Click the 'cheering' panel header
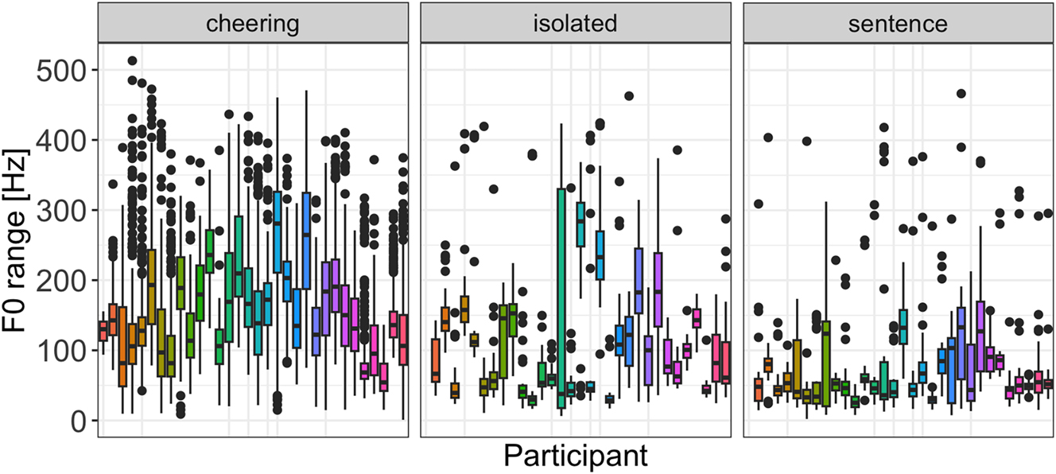click(253, 23)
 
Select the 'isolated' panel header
click(575, 23)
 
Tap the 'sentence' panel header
click(898, 23)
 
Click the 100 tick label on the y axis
click(58, 351)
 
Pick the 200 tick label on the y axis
click(58, 281)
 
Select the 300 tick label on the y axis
click(58, 211)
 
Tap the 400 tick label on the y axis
click(58, 141)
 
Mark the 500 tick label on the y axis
click(58, 71)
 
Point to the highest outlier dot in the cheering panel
click(133, 61)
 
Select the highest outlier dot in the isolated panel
click(629, 96)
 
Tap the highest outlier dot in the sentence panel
click(961, 94)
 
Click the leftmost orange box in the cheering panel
click(103, 331)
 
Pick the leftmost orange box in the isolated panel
click(436, 360)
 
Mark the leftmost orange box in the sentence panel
click(759, 390)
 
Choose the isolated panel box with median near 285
click(580, 224)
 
